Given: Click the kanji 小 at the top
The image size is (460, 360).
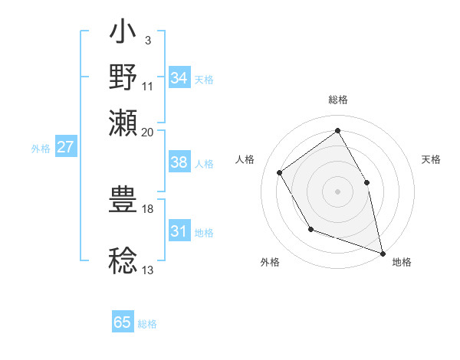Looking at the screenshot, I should click(x=123, y=35).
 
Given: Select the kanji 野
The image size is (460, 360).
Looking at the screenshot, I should click(x=123, y=77).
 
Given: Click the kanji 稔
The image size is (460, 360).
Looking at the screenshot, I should click(x=123, y=261).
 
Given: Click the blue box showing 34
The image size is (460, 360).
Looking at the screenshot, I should click(x=179, y=78).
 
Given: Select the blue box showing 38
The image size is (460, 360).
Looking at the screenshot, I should click(x=179, y=162).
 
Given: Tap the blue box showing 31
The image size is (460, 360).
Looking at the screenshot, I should click(x=179, y=232).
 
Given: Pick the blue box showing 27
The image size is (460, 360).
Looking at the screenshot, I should click(x=66, y=147).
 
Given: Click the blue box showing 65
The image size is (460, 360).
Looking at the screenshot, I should click(x=123, y=322).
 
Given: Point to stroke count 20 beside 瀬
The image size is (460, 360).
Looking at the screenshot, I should click(x=147, y=132).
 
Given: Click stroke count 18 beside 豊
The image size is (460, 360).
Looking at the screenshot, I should click(x=147, y=208).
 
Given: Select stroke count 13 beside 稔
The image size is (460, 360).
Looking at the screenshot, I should click(x=147, y=270).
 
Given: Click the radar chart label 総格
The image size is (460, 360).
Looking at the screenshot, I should click(x=337, y=99).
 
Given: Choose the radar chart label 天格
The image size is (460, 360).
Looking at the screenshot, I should click(x=432, y=159).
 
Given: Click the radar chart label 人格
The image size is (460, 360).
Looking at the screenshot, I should click(x=245, y=159).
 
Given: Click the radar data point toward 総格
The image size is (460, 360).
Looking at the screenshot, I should click(x=337, y=130).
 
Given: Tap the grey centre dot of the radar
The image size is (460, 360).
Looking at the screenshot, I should click(x=337, y=190).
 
